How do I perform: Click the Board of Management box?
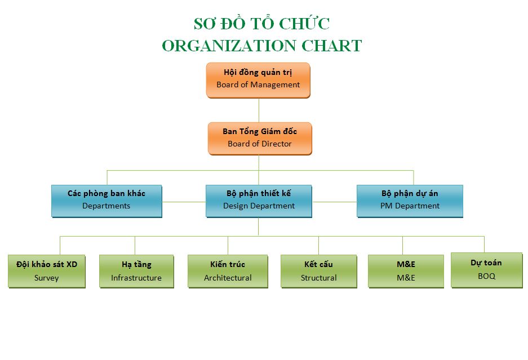258,79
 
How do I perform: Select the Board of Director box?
259,138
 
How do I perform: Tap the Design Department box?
259,200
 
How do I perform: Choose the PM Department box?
410,200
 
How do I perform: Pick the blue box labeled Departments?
107,200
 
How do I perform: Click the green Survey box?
47,271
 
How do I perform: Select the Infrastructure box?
136,271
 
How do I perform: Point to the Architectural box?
228,271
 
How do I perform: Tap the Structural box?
318,271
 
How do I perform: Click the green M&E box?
406,271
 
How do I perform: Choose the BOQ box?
486,269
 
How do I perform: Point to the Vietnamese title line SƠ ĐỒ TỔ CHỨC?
261,24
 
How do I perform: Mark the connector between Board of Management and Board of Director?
259,110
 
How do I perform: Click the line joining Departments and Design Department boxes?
184,201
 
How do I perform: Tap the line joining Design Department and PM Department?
334,201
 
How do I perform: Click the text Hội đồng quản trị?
258,73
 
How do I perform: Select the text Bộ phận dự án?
410,193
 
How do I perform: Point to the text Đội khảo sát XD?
47,264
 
